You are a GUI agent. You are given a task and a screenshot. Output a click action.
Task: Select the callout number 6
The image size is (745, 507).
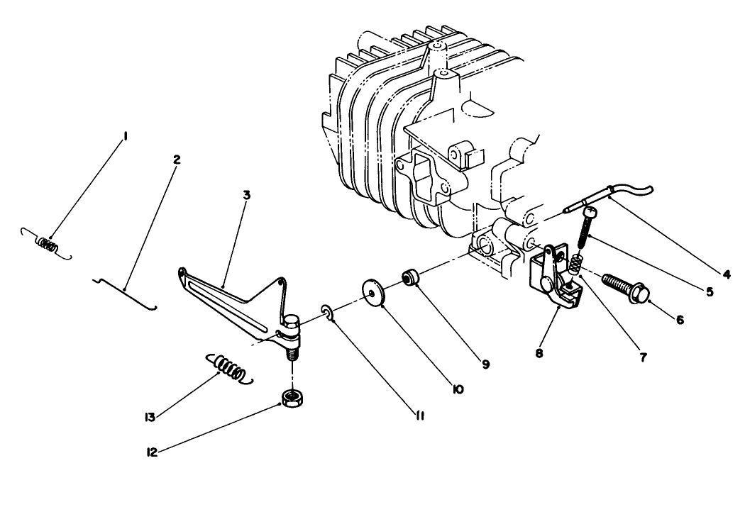(x=679, y=319)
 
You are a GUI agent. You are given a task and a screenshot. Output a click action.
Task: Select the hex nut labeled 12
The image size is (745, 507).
(x=289, y=398)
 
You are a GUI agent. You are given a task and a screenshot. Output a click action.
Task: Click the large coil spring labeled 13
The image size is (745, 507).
(x=230, y=369)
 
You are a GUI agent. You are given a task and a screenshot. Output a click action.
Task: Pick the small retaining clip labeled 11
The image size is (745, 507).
(x=327, y=312)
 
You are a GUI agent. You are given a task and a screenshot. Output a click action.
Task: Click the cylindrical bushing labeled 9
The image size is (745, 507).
(x=409, y=276)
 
